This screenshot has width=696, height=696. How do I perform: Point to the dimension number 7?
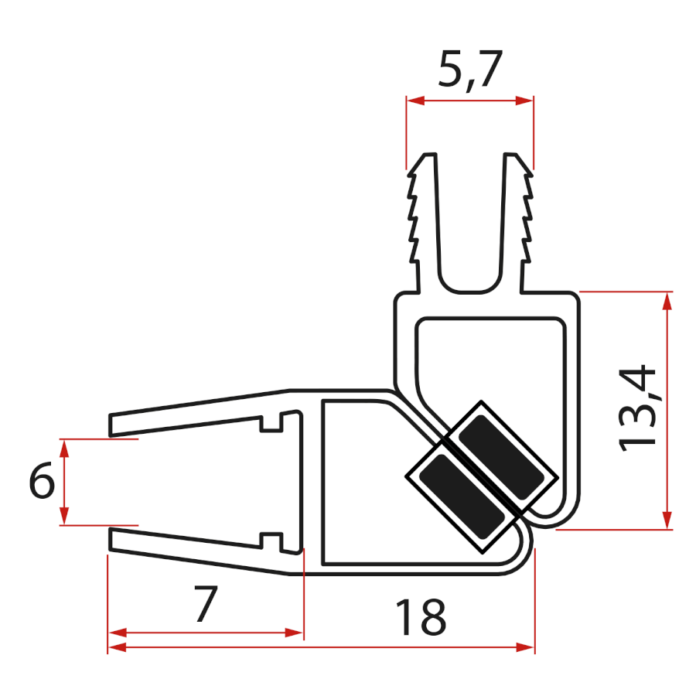point(204,604)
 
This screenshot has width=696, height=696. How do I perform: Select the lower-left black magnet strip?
point(456,495)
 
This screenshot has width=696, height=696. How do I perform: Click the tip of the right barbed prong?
point(513,155)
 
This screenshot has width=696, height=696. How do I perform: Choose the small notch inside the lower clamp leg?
point(270,537)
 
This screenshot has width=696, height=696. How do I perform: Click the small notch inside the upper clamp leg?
point(270,425)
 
